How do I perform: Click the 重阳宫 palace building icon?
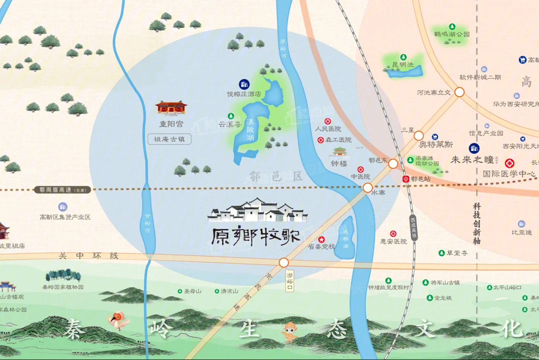(170, 107)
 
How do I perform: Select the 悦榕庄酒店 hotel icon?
(244, 84)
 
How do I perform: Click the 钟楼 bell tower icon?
(339, 152)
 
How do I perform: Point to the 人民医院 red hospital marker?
(328, 121)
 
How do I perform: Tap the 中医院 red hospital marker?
(360, 169)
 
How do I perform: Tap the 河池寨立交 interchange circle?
(459, 92)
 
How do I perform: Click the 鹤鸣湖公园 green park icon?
(452, 26)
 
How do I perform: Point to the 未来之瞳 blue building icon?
(473, 148)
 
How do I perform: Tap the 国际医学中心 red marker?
(509, 163)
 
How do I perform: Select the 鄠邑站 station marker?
(406, 178)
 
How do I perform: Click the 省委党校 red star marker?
(321, 239)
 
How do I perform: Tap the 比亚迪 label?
(522, 232)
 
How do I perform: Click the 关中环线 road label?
(88, 255)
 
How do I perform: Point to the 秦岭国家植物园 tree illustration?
(63, 275)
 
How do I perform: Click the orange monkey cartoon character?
(290, 331)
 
